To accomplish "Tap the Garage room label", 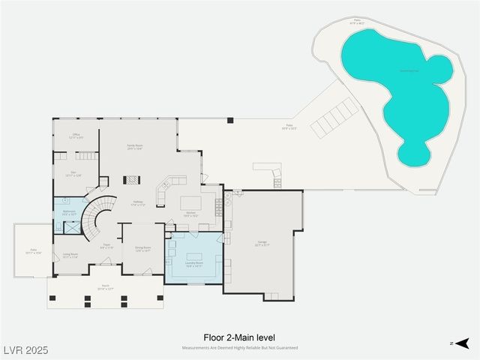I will (x=262, y=242).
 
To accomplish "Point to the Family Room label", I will (x=135, y=148).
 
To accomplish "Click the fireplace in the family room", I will (x=132, y=180).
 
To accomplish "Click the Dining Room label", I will (x=142, y=249).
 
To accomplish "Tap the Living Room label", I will (x=70, y=255).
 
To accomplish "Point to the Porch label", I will (x=106, y=286).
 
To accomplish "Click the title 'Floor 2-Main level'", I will (x=240, y=338).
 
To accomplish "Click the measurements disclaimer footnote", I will (x=240, y=348).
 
